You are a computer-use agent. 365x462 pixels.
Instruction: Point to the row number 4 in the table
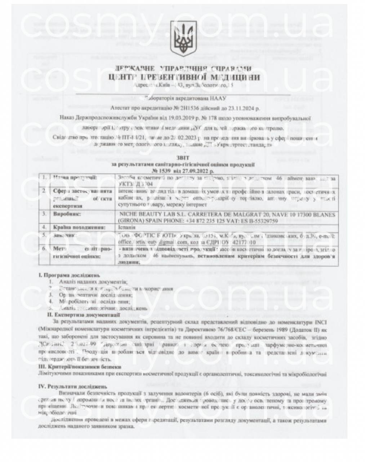click(x=44, y=227)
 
